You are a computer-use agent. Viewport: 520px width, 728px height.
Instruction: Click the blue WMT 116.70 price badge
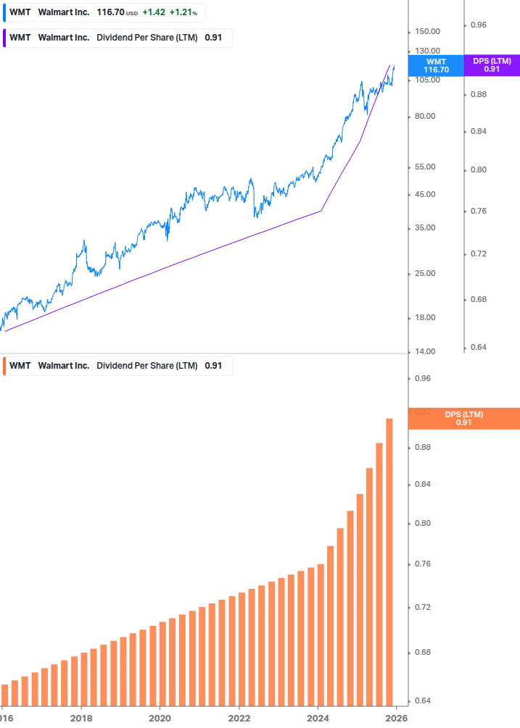436,65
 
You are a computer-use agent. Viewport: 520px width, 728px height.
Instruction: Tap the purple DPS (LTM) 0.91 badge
492,65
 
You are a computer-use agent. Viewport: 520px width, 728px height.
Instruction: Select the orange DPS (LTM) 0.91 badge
463,418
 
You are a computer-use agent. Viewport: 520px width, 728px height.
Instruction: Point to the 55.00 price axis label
425,167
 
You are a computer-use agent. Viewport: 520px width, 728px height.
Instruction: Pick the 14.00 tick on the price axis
425,351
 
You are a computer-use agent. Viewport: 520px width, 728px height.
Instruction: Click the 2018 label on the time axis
81,718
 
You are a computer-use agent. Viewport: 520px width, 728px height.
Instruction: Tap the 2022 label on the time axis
239,718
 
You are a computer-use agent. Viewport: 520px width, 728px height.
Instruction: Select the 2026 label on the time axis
396,718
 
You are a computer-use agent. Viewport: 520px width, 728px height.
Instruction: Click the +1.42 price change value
153,12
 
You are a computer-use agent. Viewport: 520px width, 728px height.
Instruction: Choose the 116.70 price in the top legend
110,12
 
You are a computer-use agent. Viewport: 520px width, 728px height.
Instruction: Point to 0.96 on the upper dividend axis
478,25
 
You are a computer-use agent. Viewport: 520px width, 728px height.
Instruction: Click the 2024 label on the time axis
318,718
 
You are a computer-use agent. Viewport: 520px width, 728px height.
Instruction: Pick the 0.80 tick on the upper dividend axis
478,170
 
